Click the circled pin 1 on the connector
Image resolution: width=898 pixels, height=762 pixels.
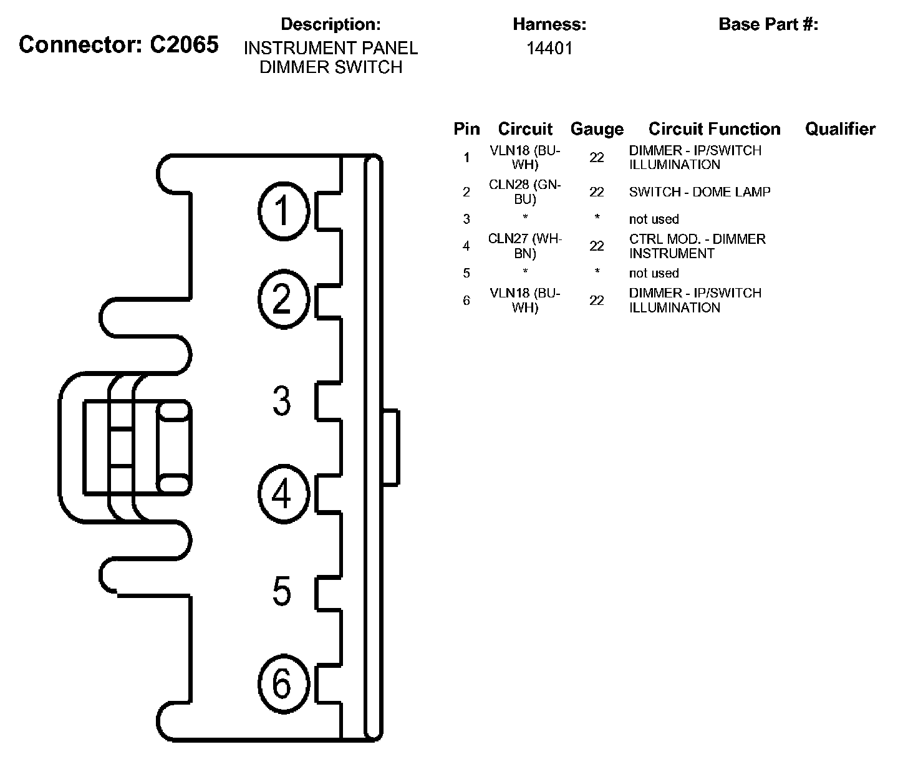click(284, 211)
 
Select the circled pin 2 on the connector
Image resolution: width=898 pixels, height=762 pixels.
click(284, 300)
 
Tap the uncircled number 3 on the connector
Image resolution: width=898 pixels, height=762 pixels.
click(281, 400)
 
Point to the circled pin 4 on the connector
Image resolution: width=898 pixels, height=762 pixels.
click(284, 494)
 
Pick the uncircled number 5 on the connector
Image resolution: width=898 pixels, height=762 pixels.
click(281, 591)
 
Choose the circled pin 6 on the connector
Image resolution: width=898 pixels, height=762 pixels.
click(284, 684)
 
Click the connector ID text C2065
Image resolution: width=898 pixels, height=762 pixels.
click(184, 44)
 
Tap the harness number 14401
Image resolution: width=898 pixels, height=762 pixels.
click(549, 48)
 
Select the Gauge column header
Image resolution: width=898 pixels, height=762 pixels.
click(597, 129)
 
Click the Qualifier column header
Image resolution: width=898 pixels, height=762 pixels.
click(840, 129)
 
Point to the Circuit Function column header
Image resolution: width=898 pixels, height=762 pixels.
click(714, 129)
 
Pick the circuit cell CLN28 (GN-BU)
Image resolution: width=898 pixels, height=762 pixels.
click(525, 191)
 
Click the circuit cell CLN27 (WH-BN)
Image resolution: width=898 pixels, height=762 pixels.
click(525, 246)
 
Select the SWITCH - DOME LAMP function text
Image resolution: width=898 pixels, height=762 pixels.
click(700, 192)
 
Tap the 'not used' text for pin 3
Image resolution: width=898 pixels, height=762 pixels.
click(654, 219)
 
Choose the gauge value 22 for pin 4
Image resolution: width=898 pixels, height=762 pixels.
click(597, 246)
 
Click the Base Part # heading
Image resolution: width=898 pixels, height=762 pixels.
click(768, 24)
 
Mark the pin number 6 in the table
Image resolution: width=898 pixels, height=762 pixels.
click(466, 300)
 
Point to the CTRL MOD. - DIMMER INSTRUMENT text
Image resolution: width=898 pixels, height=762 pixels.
click(697, 246)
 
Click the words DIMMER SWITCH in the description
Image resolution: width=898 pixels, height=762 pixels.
click(331, 67)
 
